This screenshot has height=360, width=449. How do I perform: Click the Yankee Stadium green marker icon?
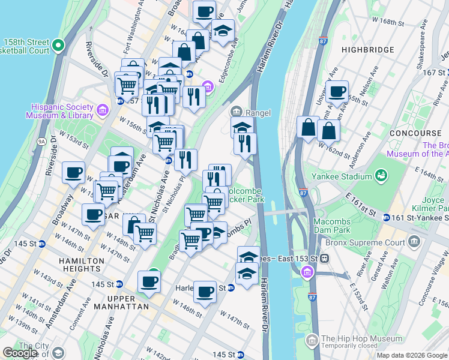380,175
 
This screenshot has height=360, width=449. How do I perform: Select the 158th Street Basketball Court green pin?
58,44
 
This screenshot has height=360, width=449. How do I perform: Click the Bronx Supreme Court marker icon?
414,242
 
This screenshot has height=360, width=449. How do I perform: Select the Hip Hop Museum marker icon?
312,341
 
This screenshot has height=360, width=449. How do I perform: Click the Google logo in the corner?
20,353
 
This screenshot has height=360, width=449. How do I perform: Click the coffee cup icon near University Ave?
337,91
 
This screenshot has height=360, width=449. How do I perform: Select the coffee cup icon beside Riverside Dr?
74,172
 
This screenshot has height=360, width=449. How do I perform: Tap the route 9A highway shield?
41,142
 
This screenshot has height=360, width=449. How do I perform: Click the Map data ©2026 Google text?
411,355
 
